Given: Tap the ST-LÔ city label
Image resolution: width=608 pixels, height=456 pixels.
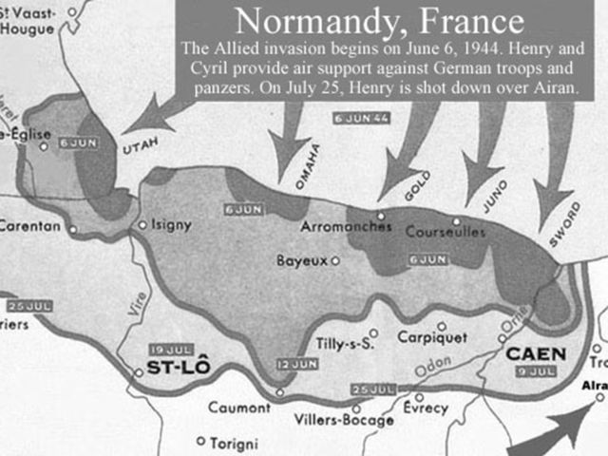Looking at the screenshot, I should point(178,369).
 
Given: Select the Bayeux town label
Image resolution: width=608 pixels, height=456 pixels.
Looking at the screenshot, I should point(301,259).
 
